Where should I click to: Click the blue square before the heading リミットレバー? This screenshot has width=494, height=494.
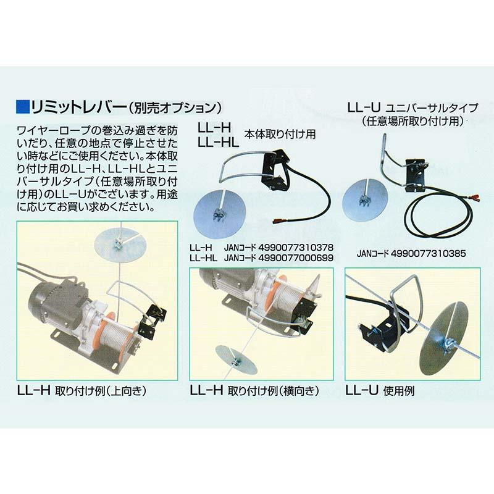coord(19,107)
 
